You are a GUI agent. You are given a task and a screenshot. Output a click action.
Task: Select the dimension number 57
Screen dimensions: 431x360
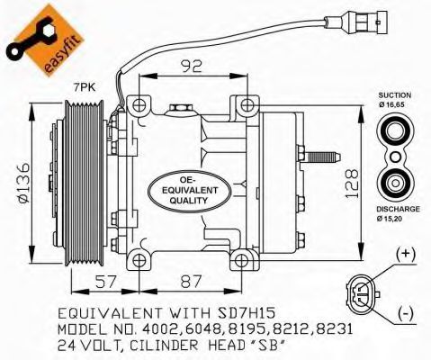[x=105, y=282]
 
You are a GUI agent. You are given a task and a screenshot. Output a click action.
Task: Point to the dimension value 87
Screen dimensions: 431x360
[x=192, y=282]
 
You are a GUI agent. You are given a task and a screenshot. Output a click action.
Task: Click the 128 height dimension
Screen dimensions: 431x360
[x=351, y=184]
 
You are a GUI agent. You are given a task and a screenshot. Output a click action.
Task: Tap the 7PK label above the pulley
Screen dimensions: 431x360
[x=85, y=87]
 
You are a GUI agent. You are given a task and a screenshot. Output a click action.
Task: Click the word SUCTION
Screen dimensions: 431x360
[x=394, y=95]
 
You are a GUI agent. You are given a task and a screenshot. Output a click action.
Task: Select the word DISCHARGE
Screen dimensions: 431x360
[x=398, y=209]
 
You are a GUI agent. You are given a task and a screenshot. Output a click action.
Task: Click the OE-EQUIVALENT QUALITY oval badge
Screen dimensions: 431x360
[x=190, y=191]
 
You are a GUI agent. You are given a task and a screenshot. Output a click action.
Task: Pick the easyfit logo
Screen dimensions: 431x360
[x=45, y=40]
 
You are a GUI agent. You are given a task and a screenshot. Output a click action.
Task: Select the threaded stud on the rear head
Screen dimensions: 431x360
[x=322, y=157]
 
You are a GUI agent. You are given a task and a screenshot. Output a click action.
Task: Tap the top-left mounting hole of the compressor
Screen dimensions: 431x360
[x=139, y=105]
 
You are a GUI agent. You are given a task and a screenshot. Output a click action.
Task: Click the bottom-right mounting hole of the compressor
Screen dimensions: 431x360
[x=241, y=261]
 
